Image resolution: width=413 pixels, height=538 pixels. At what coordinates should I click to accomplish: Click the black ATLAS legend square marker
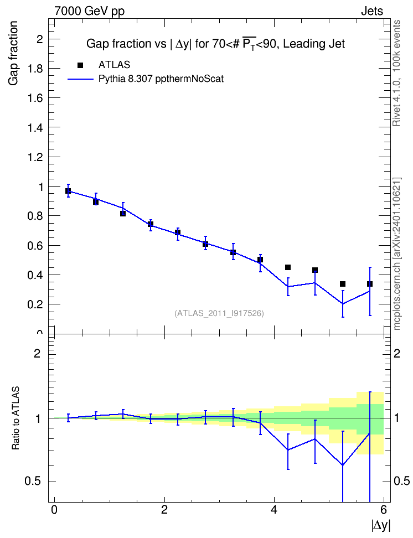[x=80, y=65]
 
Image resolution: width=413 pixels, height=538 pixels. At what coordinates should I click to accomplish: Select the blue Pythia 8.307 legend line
[x=80, y=79]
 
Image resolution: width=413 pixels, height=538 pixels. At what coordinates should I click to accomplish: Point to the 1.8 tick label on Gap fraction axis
[x=35, y=69]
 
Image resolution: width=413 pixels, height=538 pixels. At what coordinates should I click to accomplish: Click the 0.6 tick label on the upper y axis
[x=35, y=246]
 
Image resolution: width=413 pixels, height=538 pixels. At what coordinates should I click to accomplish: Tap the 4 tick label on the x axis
[x=274, y=510]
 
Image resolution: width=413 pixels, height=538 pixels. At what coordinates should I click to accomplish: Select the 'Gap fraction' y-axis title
[x=13, y=53]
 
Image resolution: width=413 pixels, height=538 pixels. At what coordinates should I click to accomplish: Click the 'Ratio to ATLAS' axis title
[x=16, y=418]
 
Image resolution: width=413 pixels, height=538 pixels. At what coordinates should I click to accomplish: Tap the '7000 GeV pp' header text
[x=89, y=11]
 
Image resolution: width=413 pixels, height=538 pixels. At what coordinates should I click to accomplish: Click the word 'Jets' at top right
[x=372, y=11]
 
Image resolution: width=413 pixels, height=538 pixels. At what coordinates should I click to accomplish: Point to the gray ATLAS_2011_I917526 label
[x=219, y=313]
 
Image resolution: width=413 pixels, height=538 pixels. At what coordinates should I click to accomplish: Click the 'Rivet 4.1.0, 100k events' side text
[x=396, y=73]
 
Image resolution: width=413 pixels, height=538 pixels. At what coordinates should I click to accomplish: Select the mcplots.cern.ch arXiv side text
[x=396, y=254]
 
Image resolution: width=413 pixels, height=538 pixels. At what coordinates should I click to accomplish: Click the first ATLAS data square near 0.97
[x=68, y=191]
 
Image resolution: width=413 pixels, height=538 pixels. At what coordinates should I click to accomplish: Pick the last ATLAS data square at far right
[x=370, y=284]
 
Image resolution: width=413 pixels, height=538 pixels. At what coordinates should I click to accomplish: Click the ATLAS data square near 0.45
[x=288, y=267]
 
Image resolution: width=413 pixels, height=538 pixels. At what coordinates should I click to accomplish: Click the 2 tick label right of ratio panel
[x=397, y=353]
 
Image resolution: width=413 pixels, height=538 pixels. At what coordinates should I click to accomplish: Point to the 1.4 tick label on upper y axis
[x=35, y=128]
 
